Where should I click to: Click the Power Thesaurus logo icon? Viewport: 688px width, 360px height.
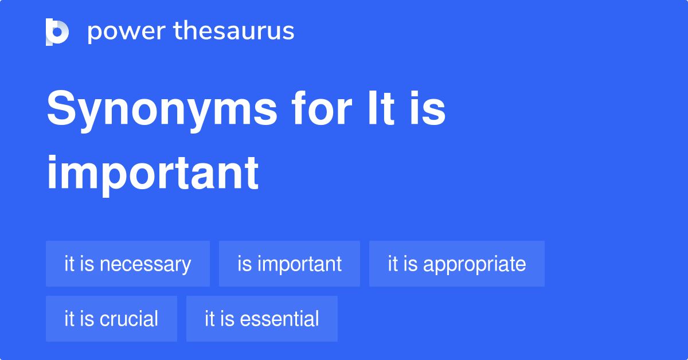pos(57,32)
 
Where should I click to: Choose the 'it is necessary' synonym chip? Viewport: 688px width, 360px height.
pos(128,264)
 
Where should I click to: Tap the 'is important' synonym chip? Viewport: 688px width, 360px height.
pos(290,264)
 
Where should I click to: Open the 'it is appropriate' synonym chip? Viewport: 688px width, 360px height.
pos(457,264)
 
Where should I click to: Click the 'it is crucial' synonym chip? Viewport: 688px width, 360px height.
pos(111,319)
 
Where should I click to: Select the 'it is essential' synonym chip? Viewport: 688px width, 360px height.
pos(262,319)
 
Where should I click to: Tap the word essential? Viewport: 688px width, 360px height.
pos(279,319)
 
